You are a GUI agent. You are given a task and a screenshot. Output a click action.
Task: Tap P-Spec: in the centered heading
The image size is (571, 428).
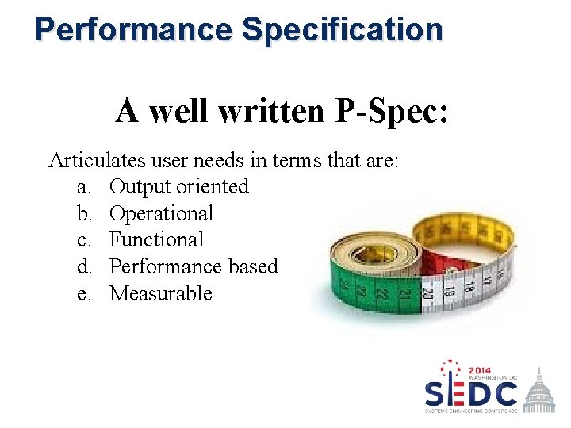(393, 110)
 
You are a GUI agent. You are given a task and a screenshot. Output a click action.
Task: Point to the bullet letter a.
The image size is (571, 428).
(82, 187)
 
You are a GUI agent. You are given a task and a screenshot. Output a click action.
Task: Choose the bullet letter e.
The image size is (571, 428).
(82, 294)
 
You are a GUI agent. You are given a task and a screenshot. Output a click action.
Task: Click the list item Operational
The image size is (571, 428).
(161, 214)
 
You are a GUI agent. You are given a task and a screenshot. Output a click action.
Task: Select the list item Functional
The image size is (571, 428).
(156, 239)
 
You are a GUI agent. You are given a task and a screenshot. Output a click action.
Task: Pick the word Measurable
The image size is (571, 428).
(161, 293)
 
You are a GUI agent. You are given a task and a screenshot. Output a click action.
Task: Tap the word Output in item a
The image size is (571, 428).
(140, 187)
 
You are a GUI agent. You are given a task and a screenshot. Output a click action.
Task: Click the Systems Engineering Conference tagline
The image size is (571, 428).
(471, 411)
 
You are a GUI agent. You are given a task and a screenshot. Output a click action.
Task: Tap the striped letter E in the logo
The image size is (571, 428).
(452, 392)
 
